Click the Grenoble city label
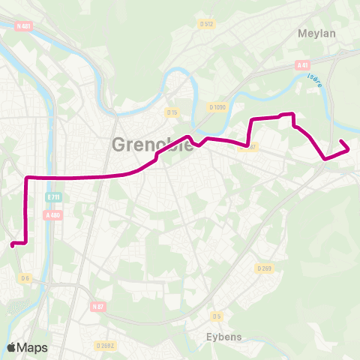[x=152, y=145]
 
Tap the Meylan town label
[x=316, y=34]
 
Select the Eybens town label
[x=224, y=337]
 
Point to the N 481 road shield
[x=24, y=25]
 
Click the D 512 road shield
[x=207, y=24]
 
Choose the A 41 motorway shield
[x=303, y=65]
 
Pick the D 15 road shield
[x=172, y=112]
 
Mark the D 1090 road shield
[x=217, y=107]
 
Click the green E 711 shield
[x=52, y=197]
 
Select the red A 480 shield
[x=52, y=215]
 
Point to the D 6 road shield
[x=25, y=278]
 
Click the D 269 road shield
[x=264, y=268]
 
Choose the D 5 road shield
[x=217, y=315]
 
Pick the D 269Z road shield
[x=106, y=345]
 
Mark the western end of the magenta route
[x=12, y=244]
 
